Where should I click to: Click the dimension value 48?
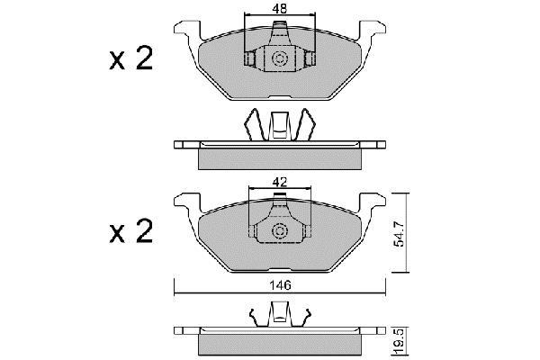coord(279,9)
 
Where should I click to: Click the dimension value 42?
coord(279,182)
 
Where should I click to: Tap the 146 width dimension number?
coord(280,285)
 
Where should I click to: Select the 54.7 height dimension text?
coord(399,234)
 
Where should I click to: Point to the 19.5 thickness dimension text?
coord(399,341)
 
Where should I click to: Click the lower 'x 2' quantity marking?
coord(130,231)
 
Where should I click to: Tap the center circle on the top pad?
coord(279,58)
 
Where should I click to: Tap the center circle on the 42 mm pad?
coord(279,230)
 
